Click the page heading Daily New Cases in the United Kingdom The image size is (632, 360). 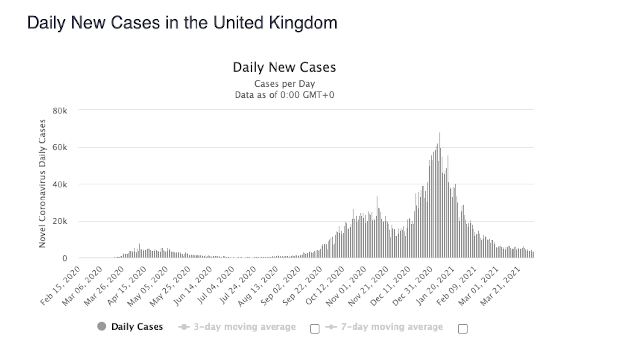pos(182,23)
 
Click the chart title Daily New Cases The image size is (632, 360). pos(284,67)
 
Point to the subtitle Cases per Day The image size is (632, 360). pos(284,84)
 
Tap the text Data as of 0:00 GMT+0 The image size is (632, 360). pos(284,95)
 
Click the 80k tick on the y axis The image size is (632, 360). pos(60,110)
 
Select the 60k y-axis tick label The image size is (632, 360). pos(60,147)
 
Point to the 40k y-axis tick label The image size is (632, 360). pos(60,184)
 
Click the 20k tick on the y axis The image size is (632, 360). pos(60,221)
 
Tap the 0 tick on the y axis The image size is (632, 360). pos(64,258)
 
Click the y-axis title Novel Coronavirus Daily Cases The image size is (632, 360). pos(43,184)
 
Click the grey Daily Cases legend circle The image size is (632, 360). pos(102,327)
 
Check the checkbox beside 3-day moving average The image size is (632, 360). pos(315,329)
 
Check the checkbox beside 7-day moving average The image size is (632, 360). pos(462,329)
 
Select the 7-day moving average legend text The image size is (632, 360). pos(392,327)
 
